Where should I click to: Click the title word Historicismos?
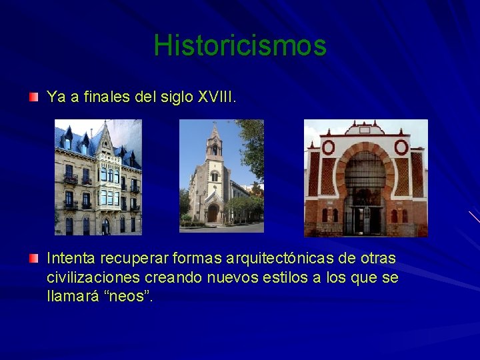pos(240,45)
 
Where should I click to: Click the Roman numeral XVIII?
pos(216,97)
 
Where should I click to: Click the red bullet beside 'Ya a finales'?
pos(33,97)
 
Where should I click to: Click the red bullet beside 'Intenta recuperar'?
pos(33,258)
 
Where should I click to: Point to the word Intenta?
pos(69,258)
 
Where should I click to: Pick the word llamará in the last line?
pos(72,295)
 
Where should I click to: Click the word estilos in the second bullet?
pos(288,277)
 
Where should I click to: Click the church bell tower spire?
pos(214,133)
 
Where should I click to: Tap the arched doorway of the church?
pos(213,213)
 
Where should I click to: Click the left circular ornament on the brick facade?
pos(328,147)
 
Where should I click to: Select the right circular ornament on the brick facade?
pos(401,147)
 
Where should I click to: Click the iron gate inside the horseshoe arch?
pos(364,200)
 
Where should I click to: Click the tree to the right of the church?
pos(252,153)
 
